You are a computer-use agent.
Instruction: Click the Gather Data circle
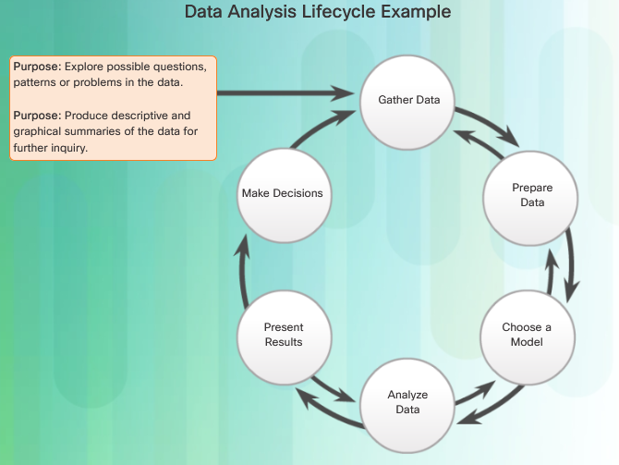click(407, 103)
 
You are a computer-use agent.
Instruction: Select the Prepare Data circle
click(530, 199)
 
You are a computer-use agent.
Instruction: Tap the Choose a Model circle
click(528, 337)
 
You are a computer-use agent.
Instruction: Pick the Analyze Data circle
click(407, 405)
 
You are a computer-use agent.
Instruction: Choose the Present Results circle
click(285, 337)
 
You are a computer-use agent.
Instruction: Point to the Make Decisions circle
click(285, 196)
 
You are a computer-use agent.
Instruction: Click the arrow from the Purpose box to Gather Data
click(285, 93)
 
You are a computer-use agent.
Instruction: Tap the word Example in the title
click(416, 12)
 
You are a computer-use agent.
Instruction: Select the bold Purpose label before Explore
click(38, 67)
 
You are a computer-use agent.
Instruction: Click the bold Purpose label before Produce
click(38, 116)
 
